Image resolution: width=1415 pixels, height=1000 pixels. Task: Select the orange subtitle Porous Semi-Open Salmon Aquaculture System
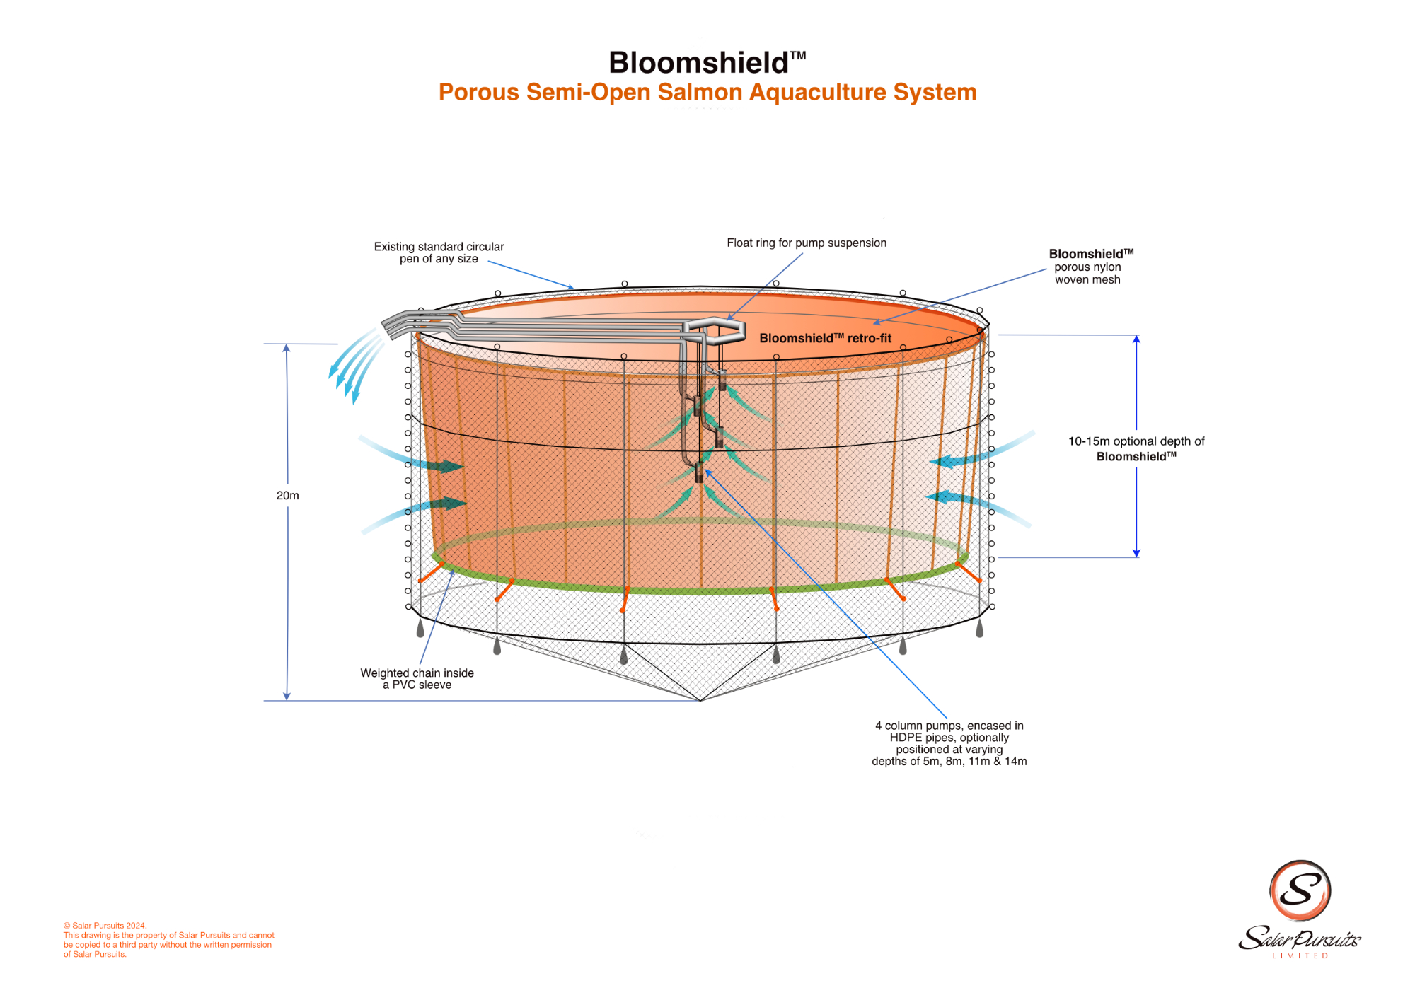(707, 93)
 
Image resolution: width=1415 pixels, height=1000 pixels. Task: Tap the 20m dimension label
(287, 496)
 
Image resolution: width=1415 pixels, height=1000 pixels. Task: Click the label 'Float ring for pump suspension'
(806, 243)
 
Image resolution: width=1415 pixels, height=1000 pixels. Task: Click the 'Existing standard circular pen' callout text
(439, 252)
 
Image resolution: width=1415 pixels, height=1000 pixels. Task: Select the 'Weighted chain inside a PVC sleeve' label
(417, 679)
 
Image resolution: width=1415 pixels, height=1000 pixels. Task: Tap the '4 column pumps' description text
(949, 743)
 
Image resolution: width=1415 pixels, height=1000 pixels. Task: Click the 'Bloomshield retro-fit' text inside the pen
(825, 339)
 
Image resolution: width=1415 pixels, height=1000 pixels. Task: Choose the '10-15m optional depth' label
(1136, 449)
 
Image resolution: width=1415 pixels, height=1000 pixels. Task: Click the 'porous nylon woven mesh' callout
(1088, 267)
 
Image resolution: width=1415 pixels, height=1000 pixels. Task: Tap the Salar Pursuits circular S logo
(1300, 890)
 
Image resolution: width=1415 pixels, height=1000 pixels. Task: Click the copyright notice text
(168, 940)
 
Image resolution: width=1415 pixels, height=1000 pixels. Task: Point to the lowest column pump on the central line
(700, 472)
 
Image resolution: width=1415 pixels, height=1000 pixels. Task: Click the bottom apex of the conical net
(700, 700)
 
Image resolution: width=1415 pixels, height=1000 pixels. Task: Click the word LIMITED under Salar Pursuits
(1300, 956)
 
